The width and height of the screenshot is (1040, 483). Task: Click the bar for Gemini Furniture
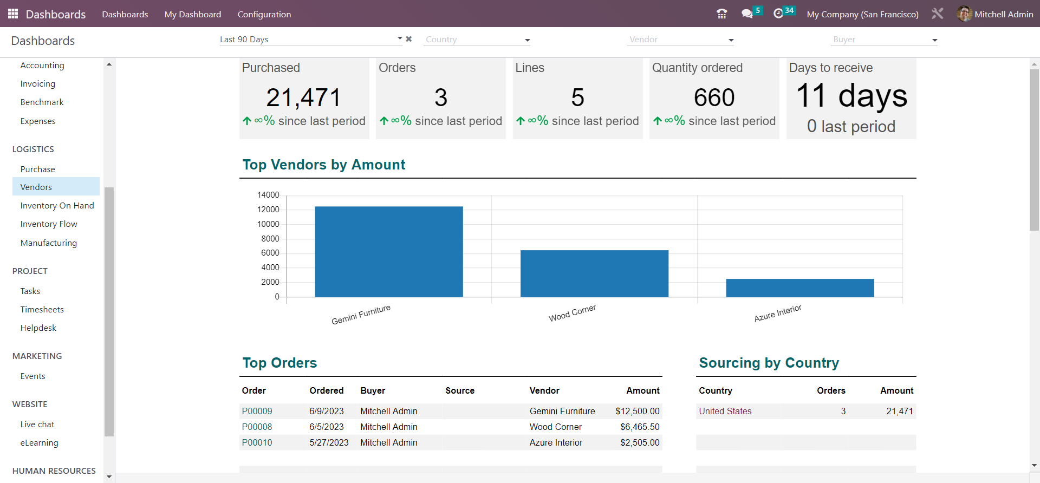tap(389, 251)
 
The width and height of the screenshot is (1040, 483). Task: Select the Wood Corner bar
tap(594, 273)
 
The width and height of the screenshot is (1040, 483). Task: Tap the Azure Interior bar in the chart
tap(799, 288)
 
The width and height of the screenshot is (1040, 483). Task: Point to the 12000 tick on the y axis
tap(268, 210)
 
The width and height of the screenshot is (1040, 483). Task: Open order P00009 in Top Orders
tap(257, 411)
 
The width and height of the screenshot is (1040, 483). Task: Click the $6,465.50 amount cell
tap(640, 427)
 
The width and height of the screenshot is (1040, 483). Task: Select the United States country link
tap(725, 411)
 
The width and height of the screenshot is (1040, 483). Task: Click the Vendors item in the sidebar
tap(36, 187)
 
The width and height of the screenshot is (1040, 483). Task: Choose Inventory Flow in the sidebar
tap(49, 224)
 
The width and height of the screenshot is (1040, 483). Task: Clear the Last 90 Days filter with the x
tap(409, 39)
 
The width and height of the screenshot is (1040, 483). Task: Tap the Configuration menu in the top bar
tap(264, 14)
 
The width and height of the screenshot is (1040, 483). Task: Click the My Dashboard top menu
tap(193, 14)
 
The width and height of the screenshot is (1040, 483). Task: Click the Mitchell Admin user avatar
tap(964, 14)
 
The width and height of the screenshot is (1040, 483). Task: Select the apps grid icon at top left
tap(13, 14)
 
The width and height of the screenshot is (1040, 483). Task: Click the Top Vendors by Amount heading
tap(323, 165)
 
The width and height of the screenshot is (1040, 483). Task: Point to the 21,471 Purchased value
tap(303, 98)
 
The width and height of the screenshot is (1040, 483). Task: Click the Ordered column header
tap(326, 390)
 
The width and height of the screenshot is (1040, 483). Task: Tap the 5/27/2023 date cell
tap(329, 442)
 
